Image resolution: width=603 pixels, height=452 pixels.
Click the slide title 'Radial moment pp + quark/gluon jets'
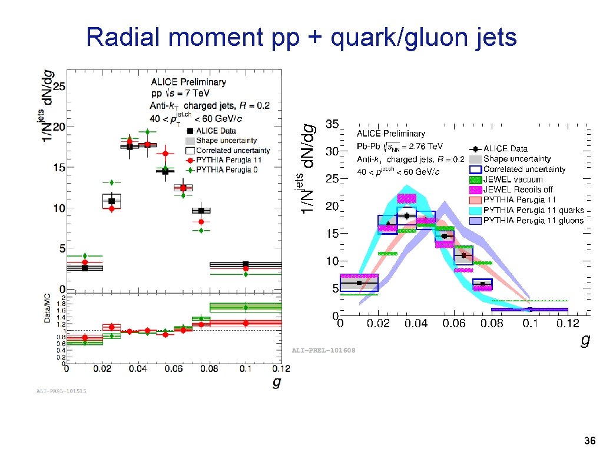(x=301, y=38)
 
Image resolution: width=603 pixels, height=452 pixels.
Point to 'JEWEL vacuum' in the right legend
(x=513, y=179)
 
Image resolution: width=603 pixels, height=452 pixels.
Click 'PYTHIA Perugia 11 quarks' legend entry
(x=534, y=210)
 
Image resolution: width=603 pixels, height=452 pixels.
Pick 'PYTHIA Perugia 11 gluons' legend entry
(x=534, y=220)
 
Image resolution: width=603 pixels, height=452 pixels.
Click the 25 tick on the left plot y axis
(x=58, y=86)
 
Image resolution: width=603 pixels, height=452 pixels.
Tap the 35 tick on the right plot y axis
(x=332, y=124)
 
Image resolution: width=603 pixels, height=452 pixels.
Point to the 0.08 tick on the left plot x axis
(x=209, y=369)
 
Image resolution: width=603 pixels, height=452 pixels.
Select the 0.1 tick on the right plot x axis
(x=530, y=323)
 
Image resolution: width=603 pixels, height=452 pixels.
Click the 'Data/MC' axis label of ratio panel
(x=48, y=308)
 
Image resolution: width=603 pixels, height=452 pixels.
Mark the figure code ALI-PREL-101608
(x=324, y=350)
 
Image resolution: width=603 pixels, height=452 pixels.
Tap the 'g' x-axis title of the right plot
(x=584, y=340)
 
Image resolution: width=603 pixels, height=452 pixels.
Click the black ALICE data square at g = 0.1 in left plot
(x=246, y=265)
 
